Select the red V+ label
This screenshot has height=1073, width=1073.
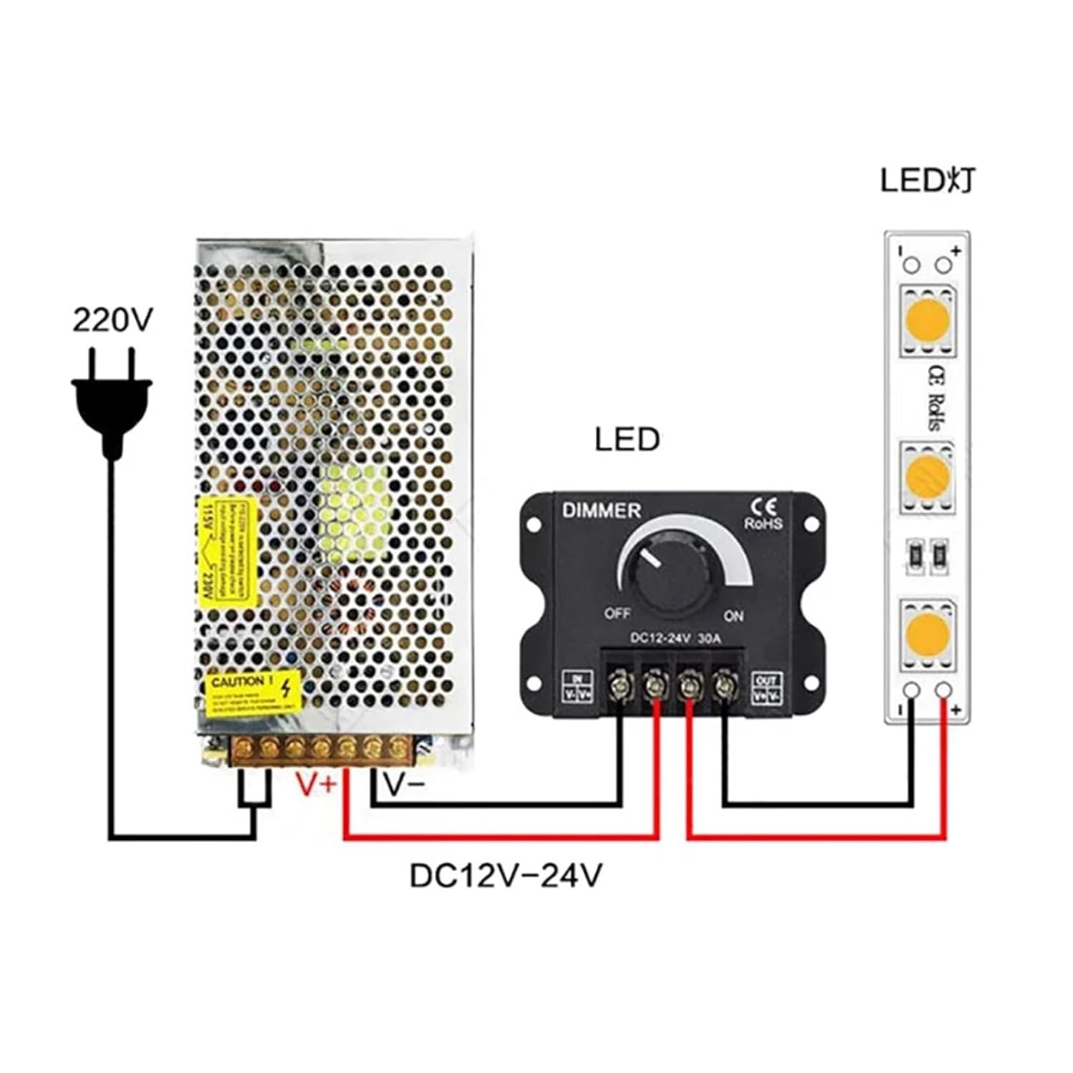[x=316, y=785]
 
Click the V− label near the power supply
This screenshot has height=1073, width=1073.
[x=404, y=785]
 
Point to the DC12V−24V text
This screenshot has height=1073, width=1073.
[x=506, y=876]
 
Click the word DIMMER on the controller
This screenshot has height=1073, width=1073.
[x=601, y=511]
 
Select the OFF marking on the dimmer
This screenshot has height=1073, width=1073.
[x=617, y=614]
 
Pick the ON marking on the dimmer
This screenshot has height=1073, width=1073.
[x=733, y=616]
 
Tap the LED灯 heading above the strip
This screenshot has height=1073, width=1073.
[x=927, y=181]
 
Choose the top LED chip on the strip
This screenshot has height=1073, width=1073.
[x=927, y=320]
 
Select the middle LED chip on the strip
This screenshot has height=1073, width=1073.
[x=927, y=478]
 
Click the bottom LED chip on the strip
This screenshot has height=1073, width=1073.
[x=927, y=635]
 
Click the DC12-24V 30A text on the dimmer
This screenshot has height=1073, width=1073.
[x=675, y=639]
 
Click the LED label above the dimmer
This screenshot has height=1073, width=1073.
[x=627, y=439]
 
